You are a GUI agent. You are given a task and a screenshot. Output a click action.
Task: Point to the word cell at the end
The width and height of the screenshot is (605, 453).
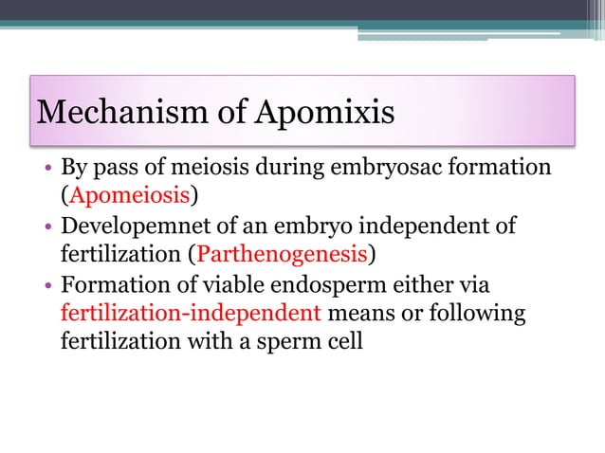pyautogui.click(x=344, y=340)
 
